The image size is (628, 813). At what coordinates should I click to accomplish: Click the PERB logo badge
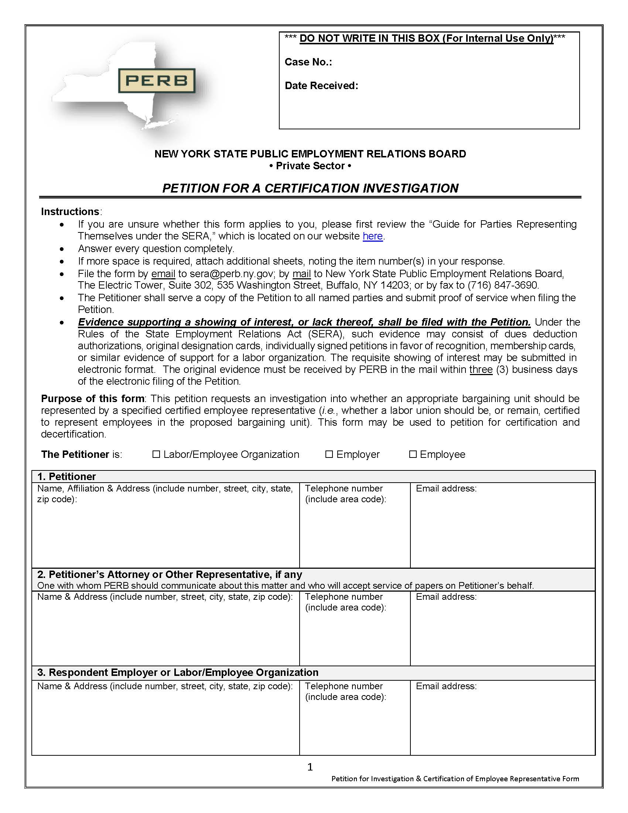[x=157, y=81]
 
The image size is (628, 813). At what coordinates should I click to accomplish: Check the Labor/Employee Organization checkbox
[x=156, y=454]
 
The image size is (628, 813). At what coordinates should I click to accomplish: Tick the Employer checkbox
[x=329, y=454]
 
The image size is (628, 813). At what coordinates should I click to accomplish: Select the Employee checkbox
[x=413, y=454]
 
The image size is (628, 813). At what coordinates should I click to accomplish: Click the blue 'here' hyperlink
[x=372, y=236]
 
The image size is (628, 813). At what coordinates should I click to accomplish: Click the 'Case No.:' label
[x=308, y=62]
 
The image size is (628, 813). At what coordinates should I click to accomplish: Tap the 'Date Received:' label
[x=321, y=86]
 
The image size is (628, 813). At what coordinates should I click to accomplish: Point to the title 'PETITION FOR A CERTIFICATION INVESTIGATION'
[x=310, y=188]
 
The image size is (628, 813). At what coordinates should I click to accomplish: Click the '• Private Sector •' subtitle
[x=310, y=166]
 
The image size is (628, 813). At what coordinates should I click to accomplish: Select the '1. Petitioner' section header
[x=66, y=476]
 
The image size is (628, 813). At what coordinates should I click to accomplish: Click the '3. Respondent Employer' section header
[x=177, y=672]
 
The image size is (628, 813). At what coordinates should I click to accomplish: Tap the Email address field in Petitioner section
[x=502, y=528]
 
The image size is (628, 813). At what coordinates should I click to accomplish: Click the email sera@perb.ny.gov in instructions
[x=231, y=273]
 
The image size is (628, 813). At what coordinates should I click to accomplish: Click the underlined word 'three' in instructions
[x=481, y=369]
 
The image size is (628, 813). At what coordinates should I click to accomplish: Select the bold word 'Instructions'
[x=70, y=211]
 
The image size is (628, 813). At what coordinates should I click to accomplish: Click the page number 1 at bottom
[x=310, y=767]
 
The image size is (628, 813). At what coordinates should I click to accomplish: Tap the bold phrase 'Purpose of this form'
[x=93, y=398]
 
